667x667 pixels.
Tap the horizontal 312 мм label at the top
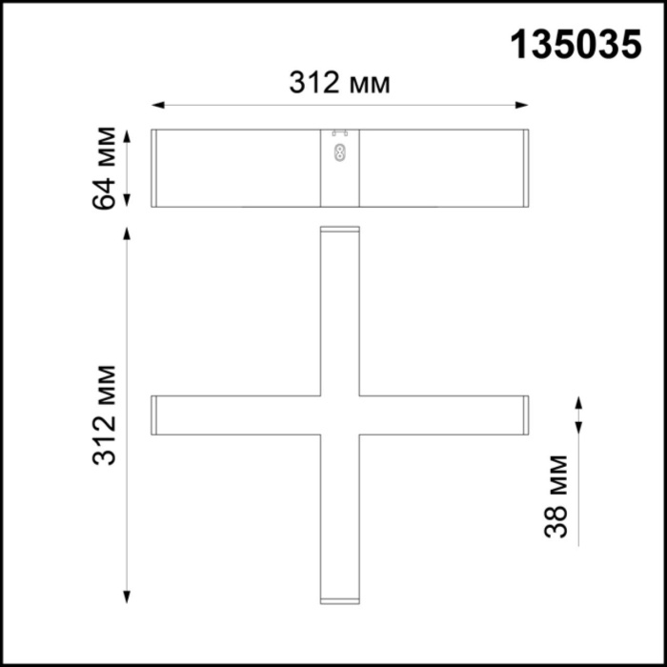point(340,83)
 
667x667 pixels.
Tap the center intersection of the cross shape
point(339,415)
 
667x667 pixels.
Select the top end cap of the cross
point(339,231)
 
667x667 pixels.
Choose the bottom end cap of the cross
point(339,599)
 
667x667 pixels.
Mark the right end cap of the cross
point(525,415)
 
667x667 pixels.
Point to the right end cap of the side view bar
point(525,168)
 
